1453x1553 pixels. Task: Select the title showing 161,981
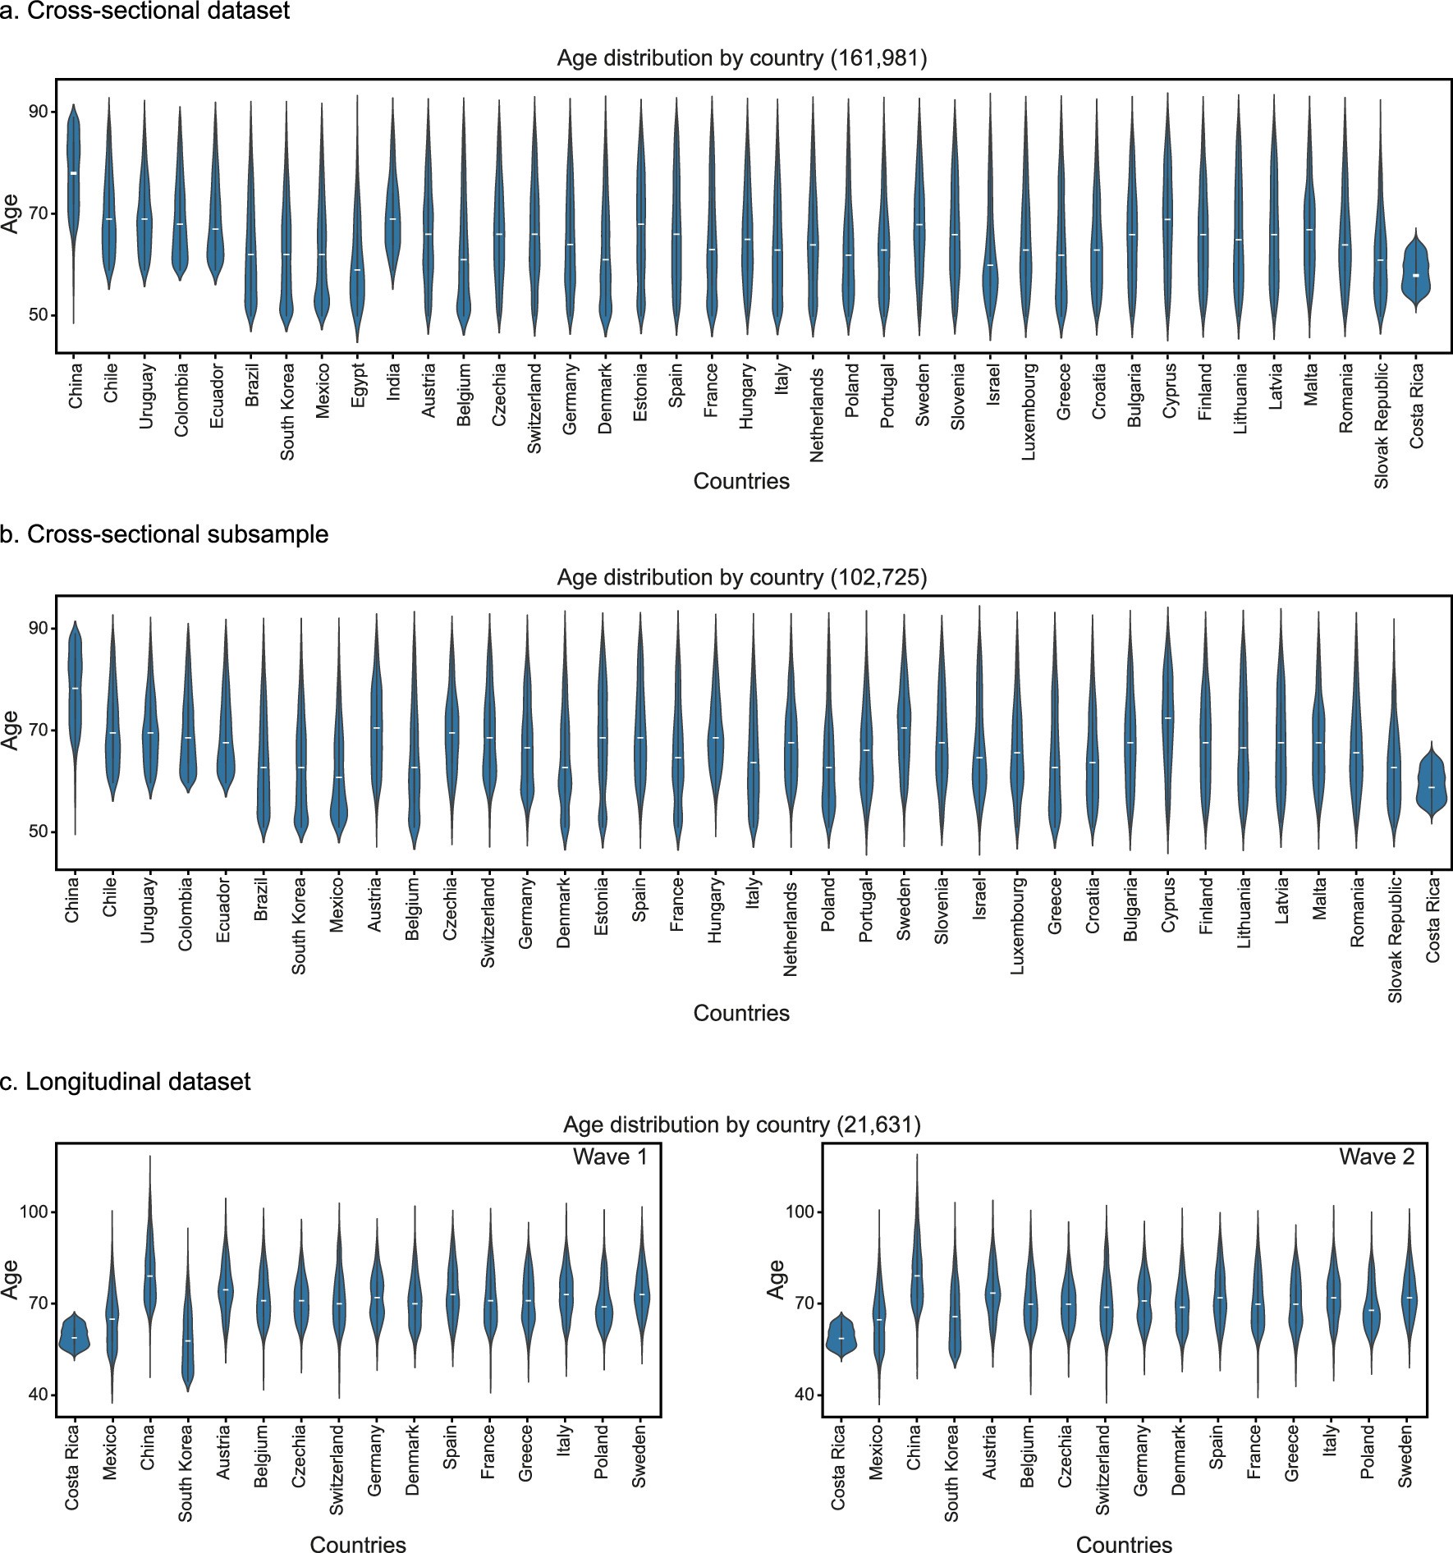741,59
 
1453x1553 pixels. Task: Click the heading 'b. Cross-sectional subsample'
177,534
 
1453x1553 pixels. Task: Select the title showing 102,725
741,578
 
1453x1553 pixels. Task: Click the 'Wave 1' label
610,1157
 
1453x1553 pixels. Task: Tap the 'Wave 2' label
1377,1157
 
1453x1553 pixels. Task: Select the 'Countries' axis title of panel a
741,481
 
